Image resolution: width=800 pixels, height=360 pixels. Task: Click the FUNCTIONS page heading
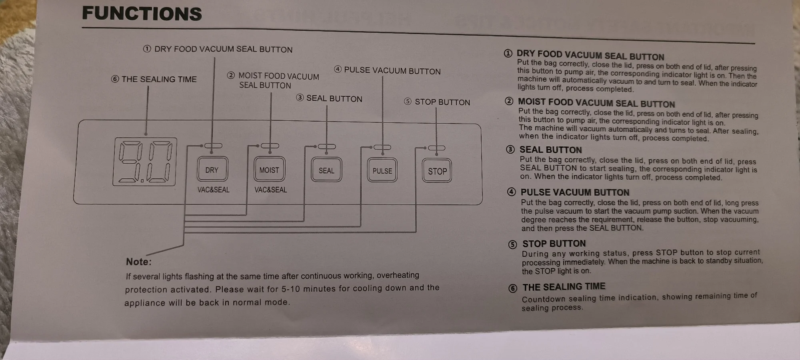pyautogui.click(x=142, y=14)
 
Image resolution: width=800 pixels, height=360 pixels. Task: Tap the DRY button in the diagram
pyautogui.click(x=212, y=170)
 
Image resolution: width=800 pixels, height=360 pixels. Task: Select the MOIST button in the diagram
pyautogui.click(x=269, y=170)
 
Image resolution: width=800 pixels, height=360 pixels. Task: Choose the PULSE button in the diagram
pyautogui.click(x=382, y=171)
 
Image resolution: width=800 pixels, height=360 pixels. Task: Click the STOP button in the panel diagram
pyautogui.click(x=437, y=171)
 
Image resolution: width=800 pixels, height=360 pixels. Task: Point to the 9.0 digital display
pyautogui.click(x=145, y=162)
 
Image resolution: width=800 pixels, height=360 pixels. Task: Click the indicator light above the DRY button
pyautogui.click(x=213, y=146)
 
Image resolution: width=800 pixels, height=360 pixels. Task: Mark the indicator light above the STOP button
pyautogui.click(x=436, y=148)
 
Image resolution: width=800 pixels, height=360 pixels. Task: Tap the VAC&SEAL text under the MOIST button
pyautogui.click(x=271, y=190)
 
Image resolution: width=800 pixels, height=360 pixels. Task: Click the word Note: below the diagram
pyautogui.click(x=139, y=262)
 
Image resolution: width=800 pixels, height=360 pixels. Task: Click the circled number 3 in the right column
pyautogui.click(x=510, y=150)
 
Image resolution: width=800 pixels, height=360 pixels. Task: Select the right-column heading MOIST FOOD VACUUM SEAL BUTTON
pyautogui.click(x=596, y=103)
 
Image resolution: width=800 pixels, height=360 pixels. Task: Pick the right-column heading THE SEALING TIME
pyautogui.click(x=564, y=287)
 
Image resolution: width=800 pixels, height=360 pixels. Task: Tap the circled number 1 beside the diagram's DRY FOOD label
pyautogui.click(x=147, y=49)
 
